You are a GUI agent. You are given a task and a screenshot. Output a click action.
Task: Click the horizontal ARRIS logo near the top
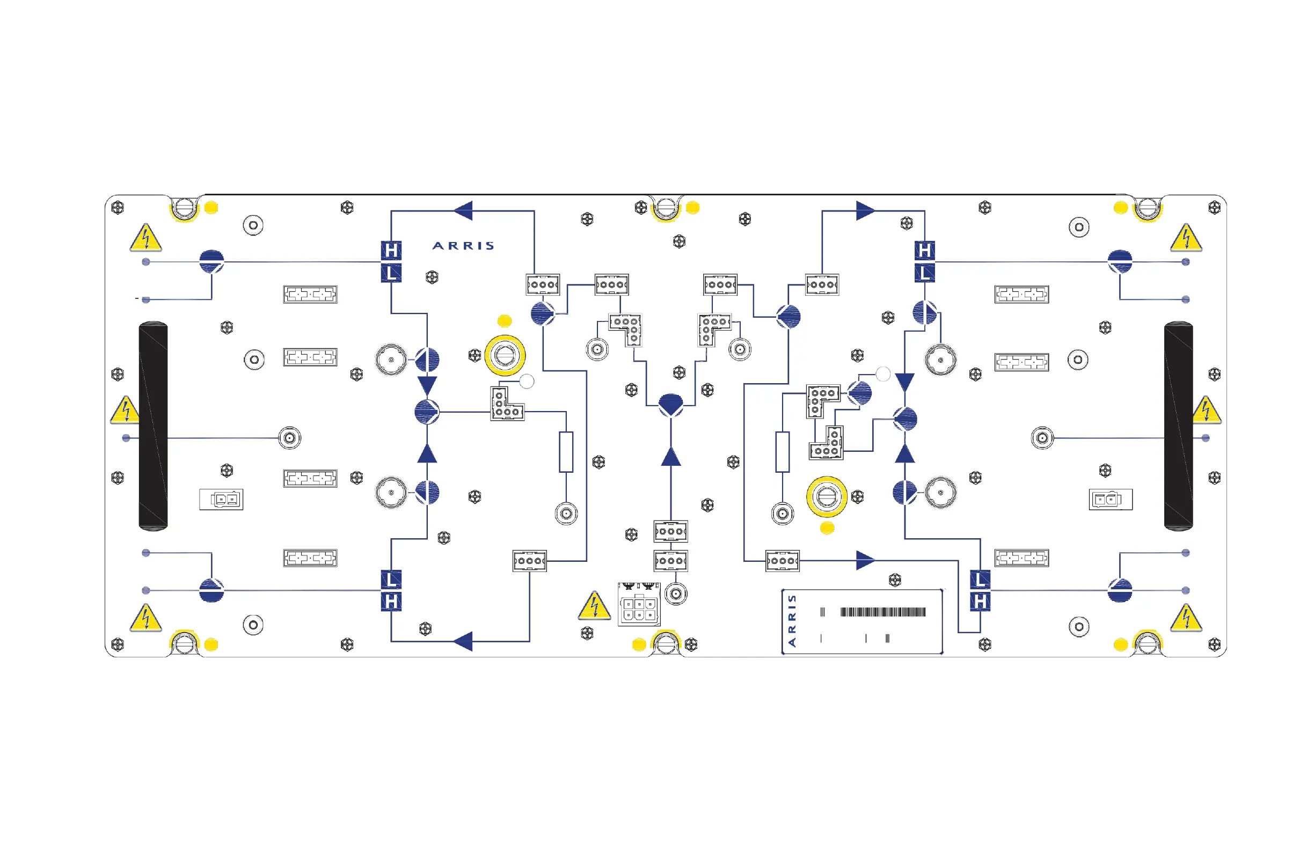coord(463,246)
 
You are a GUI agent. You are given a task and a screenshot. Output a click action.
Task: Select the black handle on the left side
coord(153,426)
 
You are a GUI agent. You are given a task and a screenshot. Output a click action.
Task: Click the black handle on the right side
coord(1178,426)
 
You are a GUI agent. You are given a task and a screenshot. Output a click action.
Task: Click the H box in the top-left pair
coord(391,251)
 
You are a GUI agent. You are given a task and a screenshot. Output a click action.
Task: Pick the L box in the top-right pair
coord(925,273)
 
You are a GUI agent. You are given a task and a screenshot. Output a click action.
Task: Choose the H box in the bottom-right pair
coord(980,602)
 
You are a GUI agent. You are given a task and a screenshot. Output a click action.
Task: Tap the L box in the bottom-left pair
coord(391,580)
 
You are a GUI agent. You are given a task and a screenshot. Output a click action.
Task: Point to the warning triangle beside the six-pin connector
coord(594,606)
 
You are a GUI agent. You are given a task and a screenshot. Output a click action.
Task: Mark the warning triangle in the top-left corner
coord(146,238)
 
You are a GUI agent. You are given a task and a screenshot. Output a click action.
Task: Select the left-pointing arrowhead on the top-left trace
coord(464,210)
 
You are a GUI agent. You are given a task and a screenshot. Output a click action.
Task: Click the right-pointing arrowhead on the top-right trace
coord(865,210)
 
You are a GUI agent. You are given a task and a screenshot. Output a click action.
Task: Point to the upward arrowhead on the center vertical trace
coord(671,457)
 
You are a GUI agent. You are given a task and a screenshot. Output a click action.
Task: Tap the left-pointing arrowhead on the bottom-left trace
coord(464,641)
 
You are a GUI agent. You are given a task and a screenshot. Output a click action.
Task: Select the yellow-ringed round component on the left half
coord(505,355)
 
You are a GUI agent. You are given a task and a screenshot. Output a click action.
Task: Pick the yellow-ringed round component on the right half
coord(827,497)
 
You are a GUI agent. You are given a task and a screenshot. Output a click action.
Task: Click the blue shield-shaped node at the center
coord(671,404)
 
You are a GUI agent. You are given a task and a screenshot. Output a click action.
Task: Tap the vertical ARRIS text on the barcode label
coord(792,621)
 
